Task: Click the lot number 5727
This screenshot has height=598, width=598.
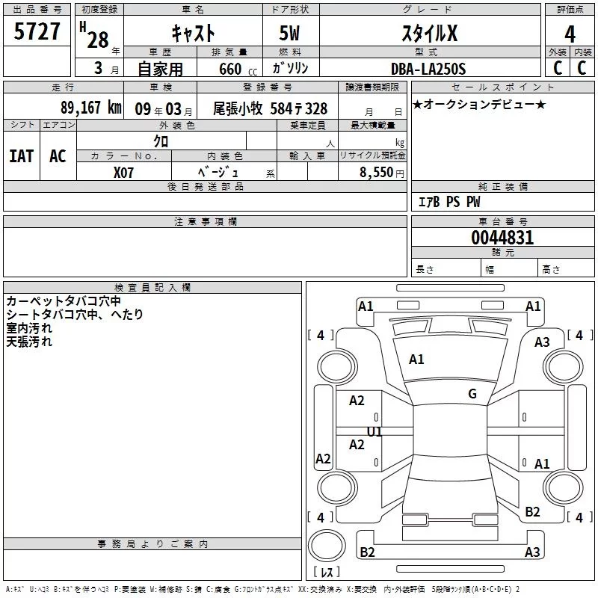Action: (x=37, y=32)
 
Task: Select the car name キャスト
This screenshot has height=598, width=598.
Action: (x=194, y=34)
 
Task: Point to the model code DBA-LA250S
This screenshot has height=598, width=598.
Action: (x=428, y=69)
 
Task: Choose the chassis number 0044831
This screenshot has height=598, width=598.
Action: (x=502, y=238)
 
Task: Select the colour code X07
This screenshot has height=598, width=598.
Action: (x=125, y=171)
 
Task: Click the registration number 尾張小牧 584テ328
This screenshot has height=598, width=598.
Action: (x=270, y=108)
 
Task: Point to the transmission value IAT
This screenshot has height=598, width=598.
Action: (x=21, y=155)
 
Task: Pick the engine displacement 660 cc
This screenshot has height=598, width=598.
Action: (x=229, y=69)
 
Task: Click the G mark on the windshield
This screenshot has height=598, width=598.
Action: (x=472, y=394)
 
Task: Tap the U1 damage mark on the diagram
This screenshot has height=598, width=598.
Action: (x=374, y=432)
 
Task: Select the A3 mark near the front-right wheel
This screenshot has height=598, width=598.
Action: (x=542, y=342)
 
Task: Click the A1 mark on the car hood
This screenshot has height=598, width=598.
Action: (x=416, y=360)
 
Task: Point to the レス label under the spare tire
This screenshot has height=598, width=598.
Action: (x=327, y=573)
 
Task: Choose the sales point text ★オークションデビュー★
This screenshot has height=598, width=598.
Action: (x=478, y=104)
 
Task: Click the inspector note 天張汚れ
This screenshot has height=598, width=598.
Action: (x=30, y=342)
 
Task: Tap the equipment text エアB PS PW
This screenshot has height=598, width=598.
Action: (x=449, y=202)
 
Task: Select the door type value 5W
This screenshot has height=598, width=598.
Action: (x=291, y=34)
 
